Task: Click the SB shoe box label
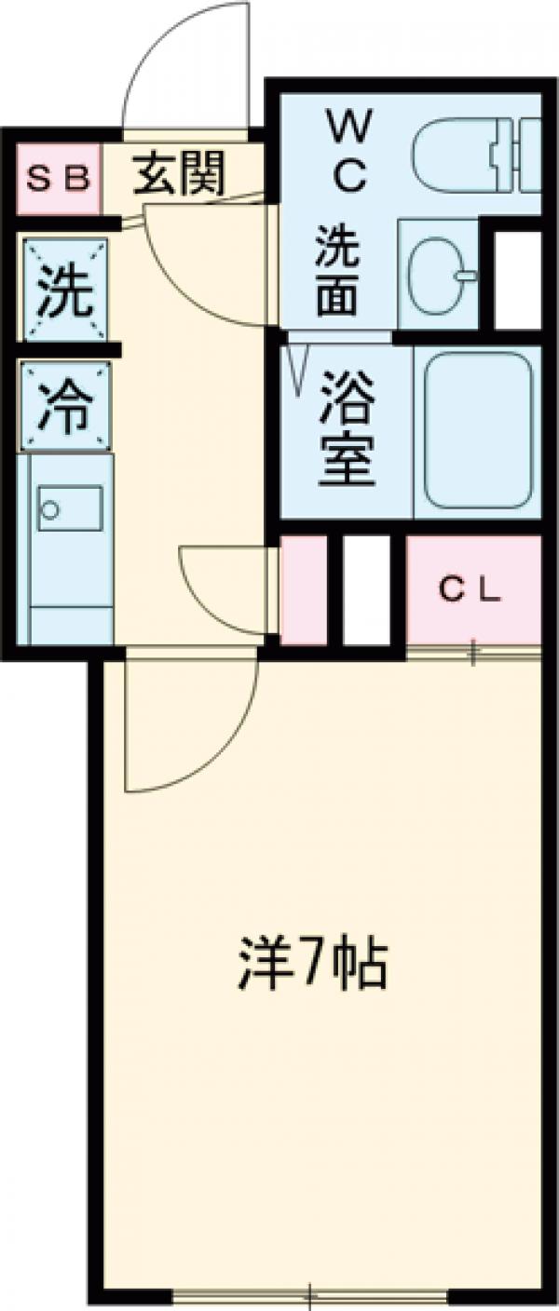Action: [57, 178]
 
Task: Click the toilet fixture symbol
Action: [475, 149]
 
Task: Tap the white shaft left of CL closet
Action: [366, 591]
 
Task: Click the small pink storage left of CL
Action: [303, 591]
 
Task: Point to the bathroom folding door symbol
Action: [300, 366]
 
